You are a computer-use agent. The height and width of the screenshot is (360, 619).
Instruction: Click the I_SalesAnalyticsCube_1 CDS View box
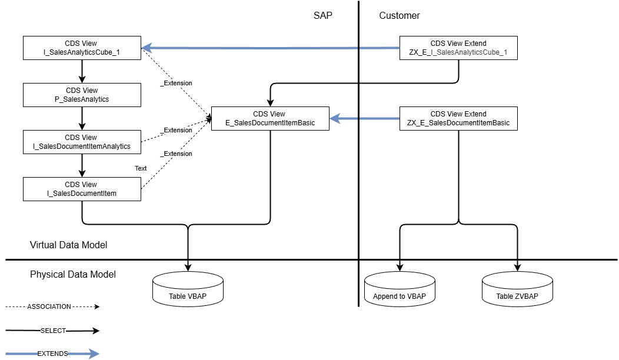point(82,48)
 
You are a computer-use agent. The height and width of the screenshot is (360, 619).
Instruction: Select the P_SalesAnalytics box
point(82,95)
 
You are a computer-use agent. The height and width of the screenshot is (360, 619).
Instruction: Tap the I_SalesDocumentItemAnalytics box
point(82,142)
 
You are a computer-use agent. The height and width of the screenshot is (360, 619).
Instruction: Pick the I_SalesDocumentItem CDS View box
point(82,189)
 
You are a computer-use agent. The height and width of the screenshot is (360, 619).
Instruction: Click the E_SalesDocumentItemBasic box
point(270,118)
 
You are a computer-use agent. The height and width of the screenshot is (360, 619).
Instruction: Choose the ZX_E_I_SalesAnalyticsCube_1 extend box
point(458,48)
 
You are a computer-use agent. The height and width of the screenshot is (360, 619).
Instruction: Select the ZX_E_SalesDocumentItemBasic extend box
point(458,118)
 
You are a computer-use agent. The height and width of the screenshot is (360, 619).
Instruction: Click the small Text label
point(141,168)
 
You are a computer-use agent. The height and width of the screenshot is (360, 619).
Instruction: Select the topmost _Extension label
point(177,83)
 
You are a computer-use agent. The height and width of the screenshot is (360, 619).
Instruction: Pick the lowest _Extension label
point(177,154)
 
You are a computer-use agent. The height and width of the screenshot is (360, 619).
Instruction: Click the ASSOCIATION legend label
point(49,306)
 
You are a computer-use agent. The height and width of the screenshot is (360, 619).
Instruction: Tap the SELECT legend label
point(53,331)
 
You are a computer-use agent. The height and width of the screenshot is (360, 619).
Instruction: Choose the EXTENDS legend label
point(53,354)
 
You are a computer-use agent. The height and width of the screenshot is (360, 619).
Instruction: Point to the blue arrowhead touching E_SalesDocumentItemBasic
point(335,119)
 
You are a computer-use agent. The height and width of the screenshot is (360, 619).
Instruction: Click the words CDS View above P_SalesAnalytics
point(82,91)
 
